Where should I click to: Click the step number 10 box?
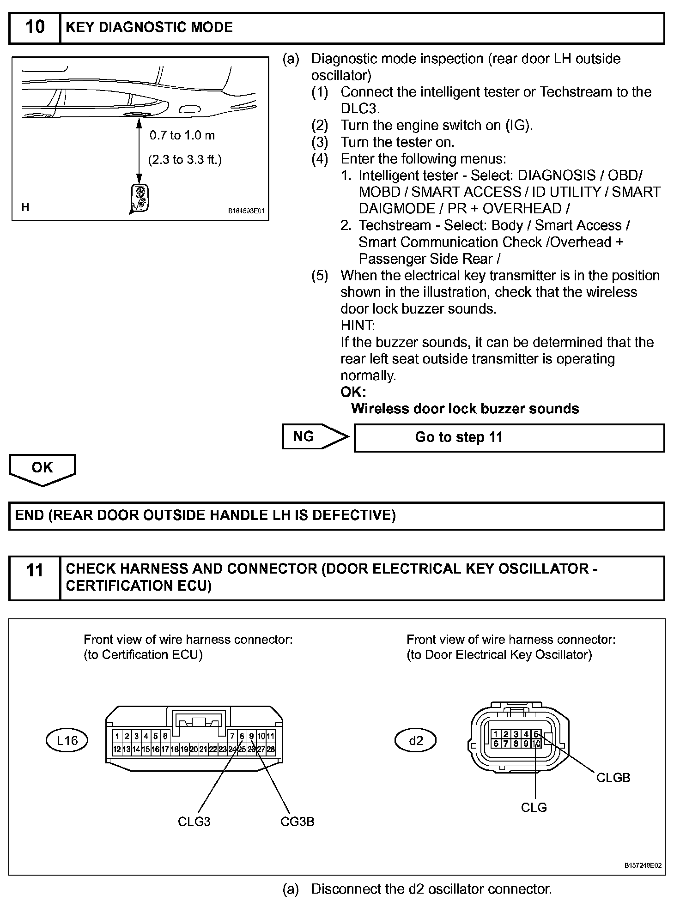coord(35,28)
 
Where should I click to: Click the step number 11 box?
coord(35,577)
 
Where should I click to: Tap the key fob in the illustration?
coord(139,199)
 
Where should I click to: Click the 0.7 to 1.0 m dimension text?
coord(182,135)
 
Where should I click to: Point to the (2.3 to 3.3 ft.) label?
coord(185,160)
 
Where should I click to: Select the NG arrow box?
coord(314,436)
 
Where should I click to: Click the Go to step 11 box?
coord(509,437)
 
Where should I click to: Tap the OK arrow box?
coord(42,469)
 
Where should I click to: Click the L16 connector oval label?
coord(67,741)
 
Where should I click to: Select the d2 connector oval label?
coord(416,741)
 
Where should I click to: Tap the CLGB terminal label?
coord(613,778)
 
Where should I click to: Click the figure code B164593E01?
coord(246,211)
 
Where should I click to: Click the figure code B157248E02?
coord(643,865)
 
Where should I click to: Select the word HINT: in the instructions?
coord(358,326)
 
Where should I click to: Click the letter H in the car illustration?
coord(25,207)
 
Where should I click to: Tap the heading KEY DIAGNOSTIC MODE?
coord(149,27)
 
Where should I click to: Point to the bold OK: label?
coord(353,392)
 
